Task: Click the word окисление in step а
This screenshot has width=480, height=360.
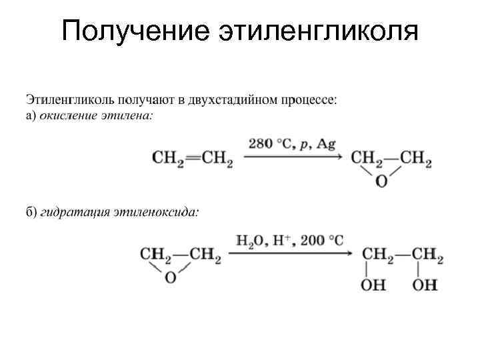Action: pyautogui.click(x=69, y=115)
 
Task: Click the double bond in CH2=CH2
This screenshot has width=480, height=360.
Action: pyautogui.click(x=192, y=158)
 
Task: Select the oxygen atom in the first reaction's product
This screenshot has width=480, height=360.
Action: pyautogui.click(x=382, y=180)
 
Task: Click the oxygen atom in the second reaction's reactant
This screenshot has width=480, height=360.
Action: pyautogui.click(x=170, y=277)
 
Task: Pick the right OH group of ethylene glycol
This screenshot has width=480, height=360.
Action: pyautogui.click(x=425, y=285)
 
